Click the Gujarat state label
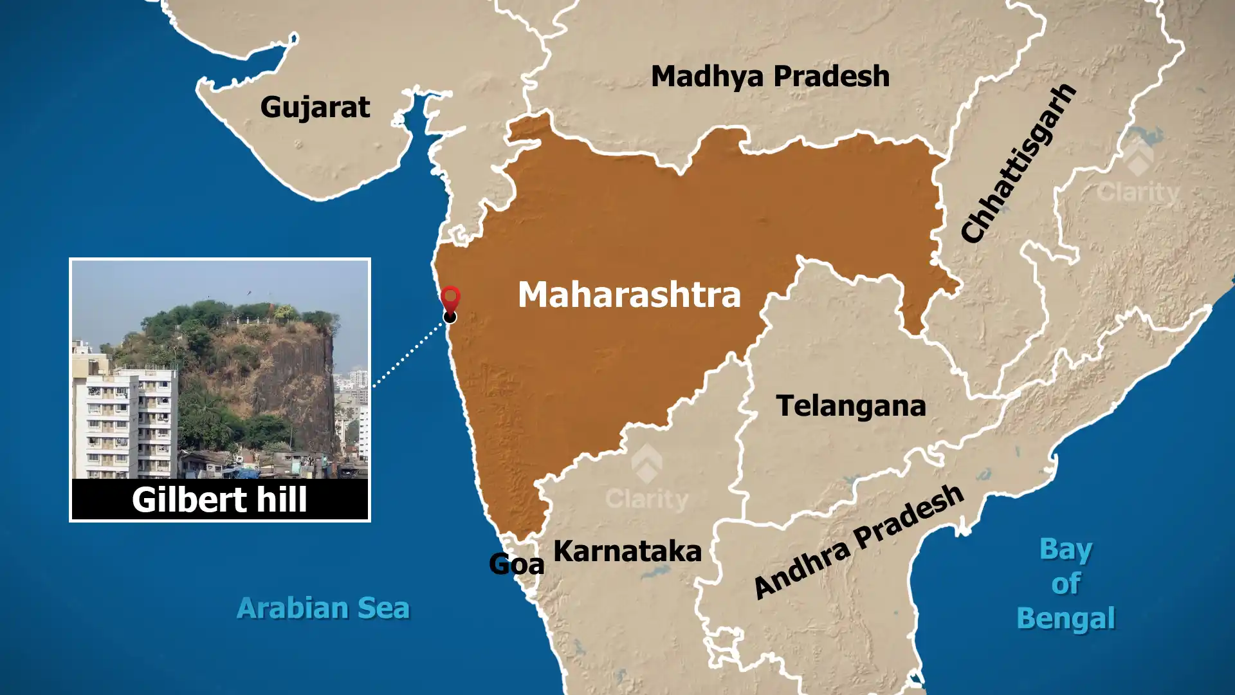click(x=315, y=107)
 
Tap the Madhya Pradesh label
click(x=770, y=76)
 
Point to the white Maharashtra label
click(x=629, y=294)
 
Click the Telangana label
click(x=850, y=406)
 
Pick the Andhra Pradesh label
click(x=859, y=542)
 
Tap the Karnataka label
click(x=627, y=551)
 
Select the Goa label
click(x=516, y=564)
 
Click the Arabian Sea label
click(x=323, y=608)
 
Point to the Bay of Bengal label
click(x=1066, y=584)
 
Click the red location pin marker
click(x=450, y=299)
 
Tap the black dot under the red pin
click(x=450, y=317)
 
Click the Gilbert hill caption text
click(x=219, y=499)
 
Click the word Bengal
click(x=1066, y=618)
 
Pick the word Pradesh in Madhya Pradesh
click(x=832, y=76)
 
